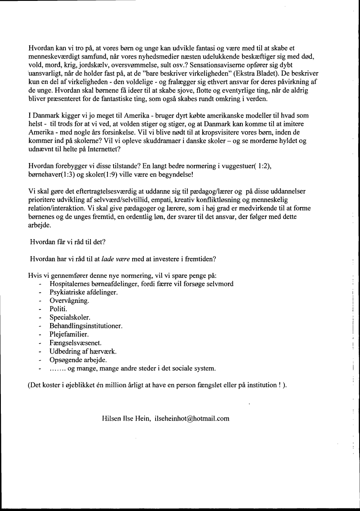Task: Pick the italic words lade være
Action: pos(117,258)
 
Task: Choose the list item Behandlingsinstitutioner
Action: pos(86,326)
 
